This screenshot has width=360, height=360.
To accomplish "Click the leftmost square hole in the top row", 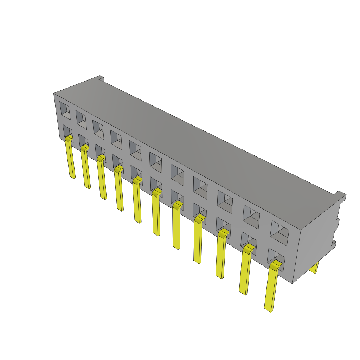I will pos(65,110).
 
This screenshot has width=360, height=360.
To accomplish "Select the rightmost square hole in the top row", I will pos(279,233).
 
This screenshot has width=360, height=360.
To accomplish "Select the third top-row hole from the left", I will pos(98,129).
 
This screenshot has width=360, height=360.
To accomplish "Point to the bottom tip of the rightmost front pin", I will pos(269,309).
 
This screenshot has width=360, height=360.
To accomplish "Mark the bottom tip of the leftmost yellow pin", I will pos(73,176).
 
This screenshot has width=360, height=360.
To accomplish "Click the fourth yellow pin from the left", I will pos(119,190).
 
